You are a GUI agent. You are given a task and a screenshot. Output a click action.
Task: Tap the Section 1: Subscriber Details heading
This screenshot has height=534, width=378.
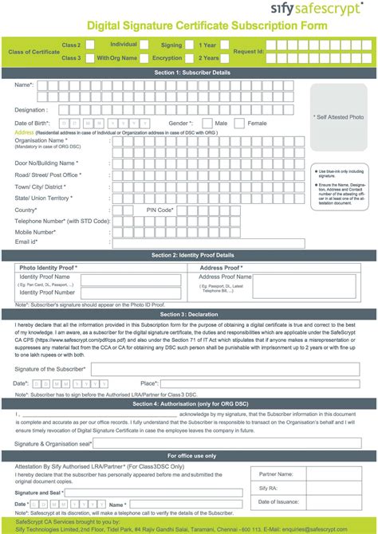[x=189, y=72]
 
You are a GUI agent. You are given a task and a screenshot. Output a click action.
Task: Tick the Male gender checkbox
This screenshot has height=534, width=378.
[x=207, y=124]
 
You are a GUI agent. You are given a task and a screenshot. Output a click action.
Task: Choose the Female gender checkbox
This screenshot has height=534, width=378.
[x=241, y=124]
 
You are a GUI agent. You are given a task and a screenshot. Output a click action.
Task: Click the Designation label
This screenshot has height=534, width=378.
[x=31, y=110]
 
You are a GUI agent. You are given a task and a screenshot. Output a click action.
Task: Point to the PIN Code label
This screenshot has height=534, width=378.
[x=160, y=210]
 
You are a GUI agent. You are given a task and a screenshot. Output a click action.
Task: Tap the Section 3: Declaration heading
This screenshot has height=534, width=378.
[x=189, y=315]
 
